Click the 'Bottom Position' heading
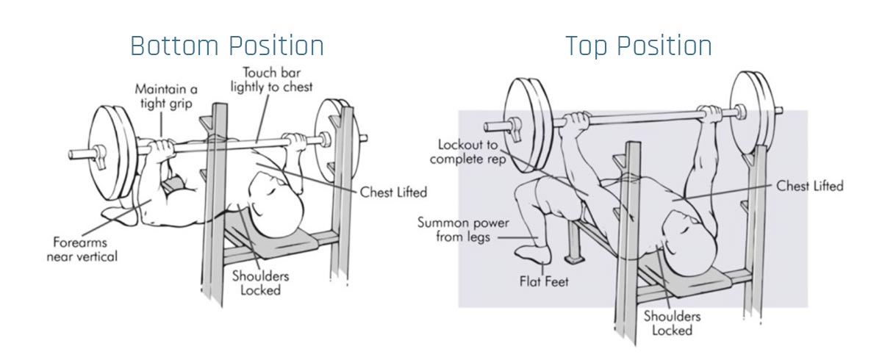tap(226, 46)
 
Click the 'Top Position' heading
tap(638, 46)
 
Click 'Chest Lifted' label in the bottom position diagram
tap(393, 192)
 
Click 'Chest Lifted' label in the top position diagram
tap(810, 186)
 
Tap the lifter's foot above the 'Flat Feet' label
tap(532, 253)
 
